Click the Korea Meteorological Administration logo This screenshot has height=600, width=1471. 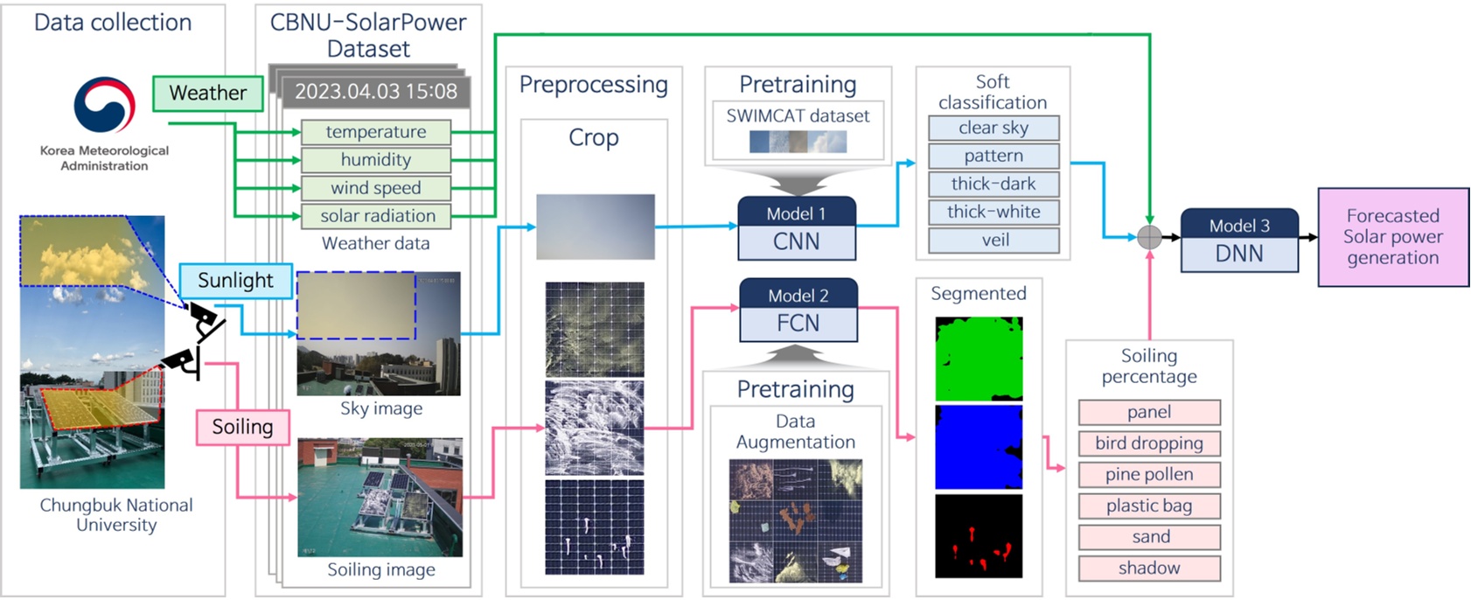click(x=104, y=105)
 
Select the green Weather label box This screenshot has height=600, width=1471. click(x=207, y=94)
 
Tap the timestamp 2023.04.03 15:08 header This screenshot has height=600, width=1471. click(x=375, y=92)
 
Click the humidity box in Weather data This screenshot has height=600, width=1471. click(x=375, y=160)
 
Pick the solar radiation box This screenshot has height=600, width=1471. click(x=376, y=216)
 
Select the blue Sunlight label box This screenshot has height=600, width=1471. click(x=235, y=281)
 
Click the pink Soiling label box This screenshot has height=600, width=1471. click(x=242, y=427)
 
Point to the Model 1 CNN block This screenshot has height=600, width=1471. click(x=796, y=229)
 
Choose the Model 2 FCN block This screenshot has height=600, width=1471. click(x=798, y=310)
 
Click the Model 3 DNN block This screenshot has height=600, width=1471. click(x=1238, y=241)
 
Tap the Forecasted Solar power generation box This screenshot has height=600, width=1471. click(x=1392, y=237)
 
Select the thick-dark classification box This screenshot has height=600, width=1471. click(x=993, y=185)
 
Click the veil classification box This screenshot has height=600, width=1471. click(x=993, y=241)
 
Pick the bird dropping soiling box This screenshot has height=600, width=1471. click(x=1148, y=443)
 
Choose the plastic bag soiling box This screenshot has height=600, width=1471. click(x=1148, y=506)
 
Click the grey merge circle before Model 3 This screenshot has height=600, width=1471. click(x=1149, y=237)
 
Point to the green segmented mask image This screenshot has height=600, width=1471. click(x=979, y=359)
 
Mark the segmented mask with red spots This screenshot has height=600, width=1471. click(x=979, y=536)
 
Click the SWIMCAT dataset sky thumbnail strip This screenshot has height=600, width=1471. click(x=798, y=142)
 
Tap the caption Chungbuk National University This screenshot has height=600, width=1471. click(x=116, y=515)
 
